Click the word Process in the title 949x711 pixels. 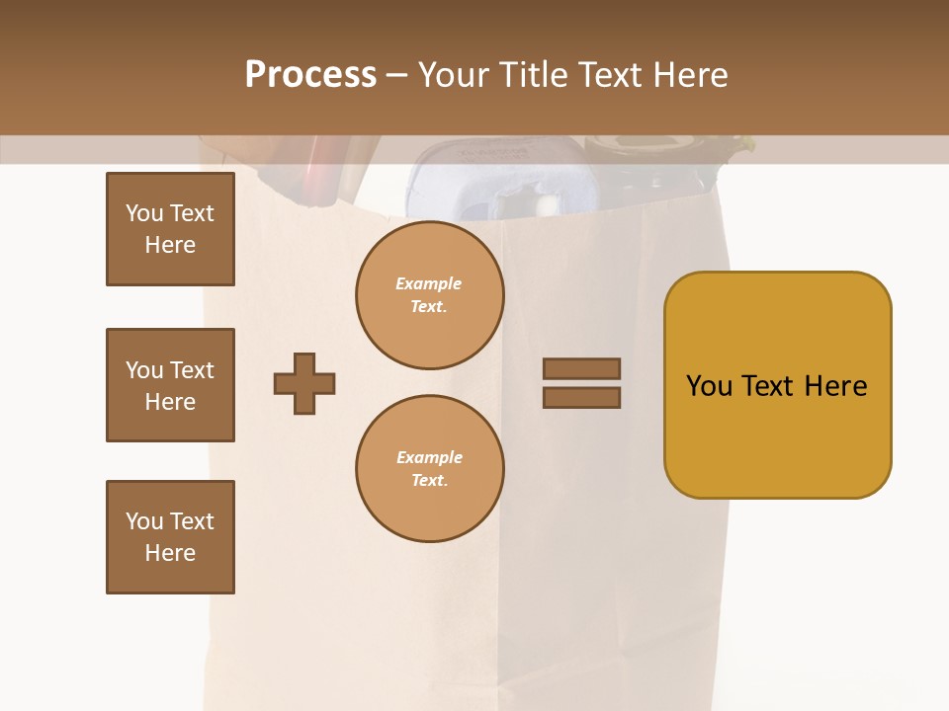coord(310,74)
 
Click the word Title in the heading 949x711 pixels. coord(535,74)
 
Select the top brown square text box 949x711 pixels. coord(170,229)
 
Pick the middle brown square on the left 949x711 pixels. coord(170,385)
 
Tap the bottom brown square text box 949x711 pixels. coord(170,537)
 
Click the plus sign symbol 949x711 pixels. coord(304,383)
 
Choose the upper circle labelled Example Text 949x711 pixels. coord(429,295)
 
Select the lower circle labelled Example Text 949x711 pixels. coord(429,469)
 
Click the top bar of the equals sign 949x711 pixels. coord(581,368)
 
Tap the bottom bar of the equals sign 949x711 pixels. coord(581,397)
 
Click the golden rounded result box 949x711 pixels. coord(777,385)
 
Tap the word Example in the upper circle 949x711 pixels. coord(429,283)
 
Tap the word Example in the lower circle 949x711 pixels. coord(429,457)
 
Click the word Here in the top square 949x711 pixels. coord(170,245)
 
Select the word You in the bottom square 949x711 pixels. coord(144,521)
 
